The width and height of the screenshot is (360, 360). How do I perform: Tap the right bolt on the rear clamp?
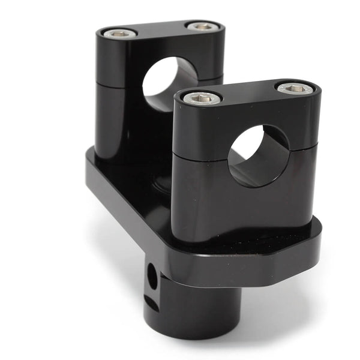[203, 26]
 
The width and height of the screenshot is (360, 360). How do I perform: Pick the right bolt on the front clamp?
[295, 88]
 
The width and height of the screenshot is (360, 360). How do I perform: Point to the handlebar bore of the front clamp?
[258, 155]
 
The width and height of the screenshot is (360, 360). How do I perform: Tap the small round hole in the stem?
[152, 277]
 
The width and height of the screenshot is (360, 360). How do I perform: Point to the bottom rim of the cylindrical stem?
[192, 336]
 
